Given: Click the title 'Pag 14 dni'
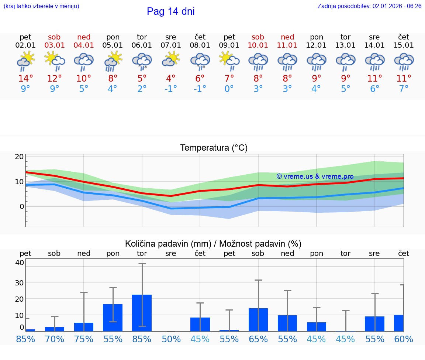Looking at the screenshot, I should (x=170, y=11).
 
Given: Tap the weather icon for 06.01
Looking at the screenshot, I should (x=142, y=61).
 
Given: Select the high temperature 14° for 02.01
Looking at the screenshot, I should (x=25, y=79).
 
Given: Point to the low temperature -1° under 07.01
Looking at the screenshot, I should (x=171, y=89).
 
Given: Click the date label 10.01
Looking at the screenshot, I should (x=258, y=45).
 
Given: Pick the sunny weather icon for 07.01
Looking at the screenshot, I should (x=171, y=59).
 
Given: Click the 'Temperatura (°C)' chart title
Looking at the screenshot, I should (x=214, y=148).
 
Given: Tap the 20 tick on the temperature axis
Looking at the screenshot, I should (x=19, y=157).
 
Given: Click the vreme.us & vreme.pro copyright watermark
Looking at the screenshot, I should (x=315, y=176).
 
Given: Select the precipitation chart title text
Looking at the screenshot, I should (x=213, y=244).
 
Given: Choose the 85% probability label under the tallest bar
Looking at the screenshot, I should (x=142, y=339).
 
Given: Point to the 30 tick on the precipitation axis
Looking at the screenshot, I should (x=19, y=283).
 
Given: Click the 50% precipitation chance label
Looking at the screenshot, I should (x=171, y=339).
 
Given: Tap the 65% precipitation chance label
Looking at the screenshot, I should (x=258, y=339).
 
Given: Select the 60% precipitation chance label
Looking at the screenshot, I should (x=404, y=339).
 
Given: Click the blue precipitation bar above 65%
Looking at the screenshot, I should (x=258, y=320).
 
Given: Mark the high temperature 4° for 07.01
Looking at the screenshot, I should (x=171, y=79).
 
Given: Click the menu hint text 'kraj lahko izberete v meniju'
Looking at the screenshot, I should (x=41, y=6).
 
